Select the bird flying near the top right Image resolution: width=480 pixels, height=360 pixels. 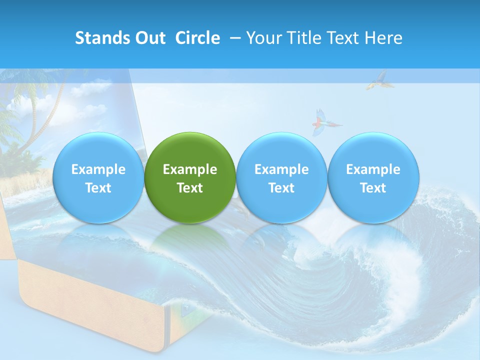click(378, 80)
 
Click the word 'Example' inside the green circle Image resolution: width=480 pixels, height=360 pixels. click(190, 169)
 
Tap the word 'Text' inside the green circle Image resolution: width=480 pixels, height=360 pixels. click(190, 188)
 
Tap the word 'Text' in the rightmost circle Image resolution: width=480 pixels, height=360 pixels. click(373, 188)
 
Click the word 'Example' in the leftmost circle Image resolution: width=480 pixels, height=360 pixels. click(98, 169)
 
